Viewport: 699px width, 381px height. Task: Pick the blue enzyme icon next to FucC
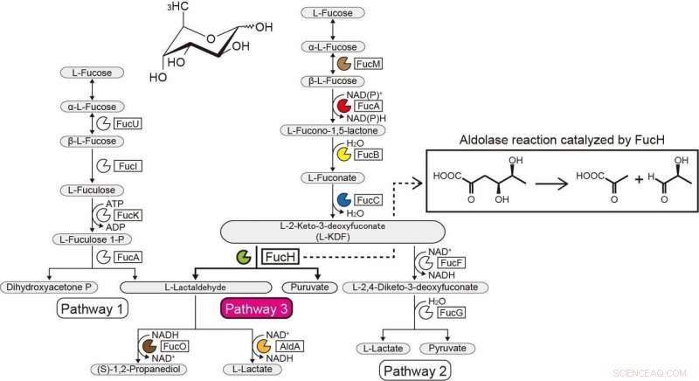[x=343, y=201]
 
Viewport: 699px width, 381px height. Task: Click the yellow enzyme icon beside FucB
[x=343, y=155]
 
